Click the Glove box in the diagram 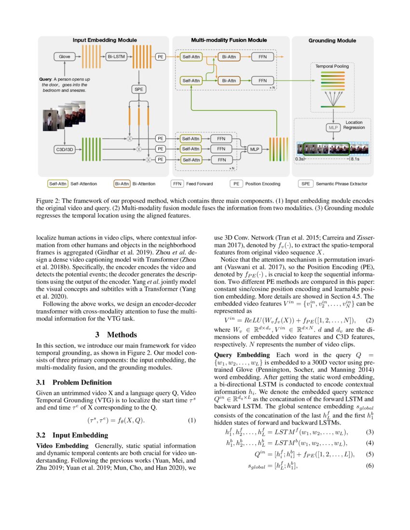65,57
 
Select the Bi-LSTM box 117,57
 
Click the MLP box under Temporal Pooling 332,127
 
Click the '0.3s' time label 300,159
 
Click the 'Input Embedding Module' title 105,40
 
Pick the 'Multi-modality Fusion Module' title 229,40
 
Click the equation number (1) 192,420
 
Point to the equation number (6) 370,465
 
